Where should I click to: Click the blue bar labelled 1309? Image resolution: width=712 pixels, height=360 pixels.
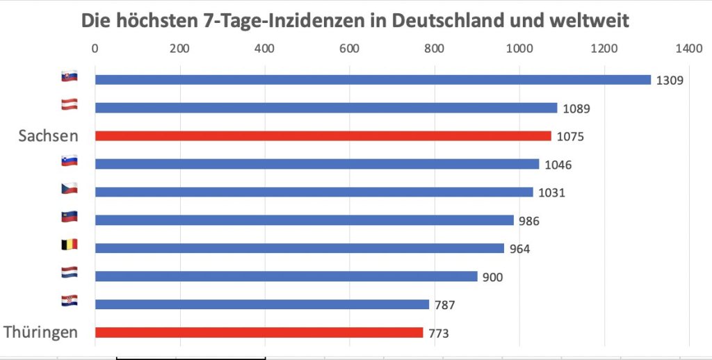(373, 80)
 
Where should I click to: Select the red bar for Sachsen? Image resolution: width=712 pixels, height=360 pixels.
(323, 136)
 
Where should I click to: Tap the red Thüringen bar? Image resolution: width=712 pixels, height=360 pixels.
(259, 332)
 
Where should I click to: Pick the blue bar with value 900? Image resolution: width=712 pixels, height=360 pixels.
(286, 277)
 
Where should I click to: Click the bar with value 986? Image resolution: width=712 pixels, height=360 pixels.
(304, 220)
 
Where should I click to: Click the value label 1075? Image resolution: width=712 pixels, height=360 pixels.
(570, 137)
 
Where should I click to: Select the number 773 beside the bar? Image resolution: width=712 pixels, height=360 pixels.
(438, 334)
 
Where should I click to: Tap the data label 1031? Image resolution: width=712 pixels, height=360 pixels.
(552, 193)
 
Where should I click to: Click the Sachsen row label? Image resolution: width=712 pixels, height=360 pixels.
(48, 136)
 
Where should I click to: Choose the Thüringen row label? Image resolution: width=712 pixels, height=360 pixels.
(41, 332)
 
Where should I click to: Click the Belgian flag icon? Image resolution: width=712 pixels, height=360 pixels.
(70, 245)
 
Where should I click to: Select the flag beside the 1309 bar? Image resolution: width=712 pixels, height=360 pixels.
(70, 76)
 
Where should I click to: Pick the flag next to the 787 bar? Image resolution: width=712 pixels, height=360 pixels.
(70, 301)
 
